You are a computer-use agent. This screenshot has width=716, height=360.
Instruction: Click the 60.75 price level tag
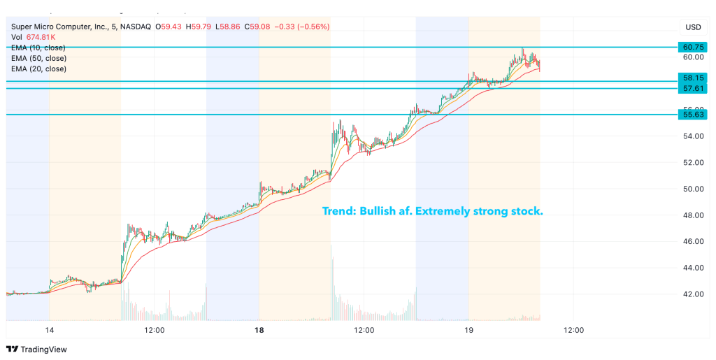[693, 47]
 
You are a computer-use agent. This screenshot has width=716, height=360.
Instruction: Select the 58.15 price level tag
[693, 78]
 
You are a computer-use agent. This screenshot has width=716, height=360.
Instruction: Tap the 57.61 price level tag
[693, 88]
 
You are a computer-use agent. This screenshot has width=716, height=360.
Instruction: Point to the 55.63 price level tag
[693, 114]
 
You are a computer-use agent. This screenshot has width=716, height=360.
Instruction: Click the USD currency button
[693, 27]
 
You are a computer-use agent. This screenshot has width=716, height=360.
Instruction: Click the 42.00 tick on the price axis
[693, 294]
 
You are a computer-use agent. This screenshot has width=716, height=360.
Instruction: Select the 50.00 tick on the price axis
[693, 189]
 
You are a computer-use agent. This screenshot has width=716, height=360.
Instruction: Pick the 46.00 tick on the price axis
[693, 242]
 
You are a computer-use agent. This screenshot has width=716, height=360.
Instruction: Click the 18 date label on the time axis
[259, 330]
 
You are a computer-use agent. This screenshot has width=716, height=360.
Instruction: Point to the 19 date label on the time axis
[468, 330]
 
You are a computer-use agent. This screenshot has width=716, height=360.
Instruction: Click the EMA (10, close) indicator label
[38, 48]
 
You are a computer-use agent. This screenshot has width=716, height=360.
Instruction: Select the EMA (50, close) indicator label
[38, 58]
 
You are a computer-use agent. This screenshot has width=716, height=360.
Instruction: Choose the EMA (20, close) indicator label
[38, 69]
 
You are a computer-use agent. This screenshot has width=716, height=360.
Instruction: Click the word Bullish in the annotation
[378, 211]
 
